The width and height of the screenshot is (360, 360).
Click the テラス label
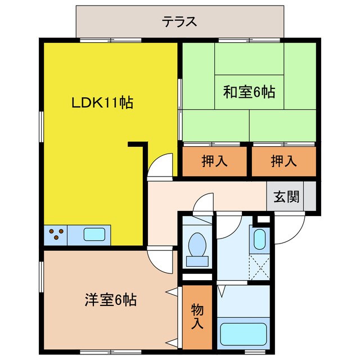pyautogui.click(x=179, y=22)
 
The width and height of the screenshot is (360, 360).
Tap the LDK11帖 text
pyautogui.click(x=102, y=102)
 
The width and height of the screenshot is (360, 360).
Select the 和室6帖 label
pyautogui.click(x=249, y=92)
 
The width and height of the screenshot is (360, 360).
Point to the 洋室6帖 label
pyautogui.click(x=111, y=300)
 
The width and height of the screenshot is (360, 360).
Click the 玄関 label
pyautogui.click(x=286, y=196)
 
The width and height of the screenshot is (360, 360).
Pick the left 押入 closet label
pyautogui.click(x=214, y=161)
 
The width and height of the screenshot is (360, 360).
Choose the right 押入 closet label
pyautogui.click(x=283, y=161)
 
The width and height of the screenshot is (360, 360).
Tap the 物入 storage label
pyautogui.click(x=197, y=316)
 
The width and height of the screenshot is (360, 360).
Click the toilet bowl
pyautogui.click(x=197, y=244)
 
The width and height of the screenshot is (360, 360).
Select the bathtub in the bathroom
pyautogui.click(x=244, y=334)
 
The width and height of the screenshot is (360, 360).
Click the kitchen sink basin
pyautogui.click(x=94, y=234)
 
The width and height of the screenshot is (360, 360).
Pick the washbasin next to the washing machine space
pyautogui.click(x=260, y=239)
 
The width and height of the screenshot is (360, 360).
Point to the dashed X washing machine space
pyautogui.click(x=259, y=267)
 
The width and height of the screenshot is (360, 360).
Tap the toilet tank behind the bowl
pyautogui.click(x=197, y=261)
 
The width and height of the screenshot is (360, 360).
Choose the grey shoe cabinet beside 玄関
pyautogui.click(x=310, y=196)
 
